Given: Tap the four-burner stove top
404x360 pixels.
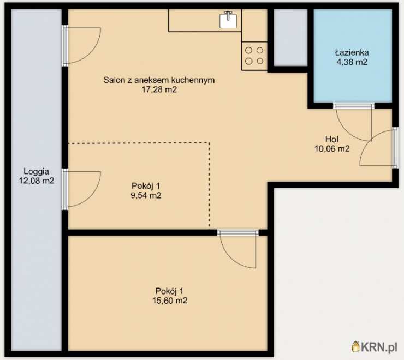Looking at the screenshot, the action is coord(254,56).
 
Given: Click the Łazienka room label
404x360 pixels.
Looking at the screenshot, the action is coord(352,52).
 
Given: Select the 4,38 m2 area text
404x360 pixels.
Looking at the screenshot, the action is coord(352,62).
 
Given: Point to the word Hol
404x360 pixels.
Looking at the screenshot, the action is coord(332,139).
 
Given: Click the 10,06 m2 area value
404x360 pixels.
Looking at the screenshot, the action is coord(332,148).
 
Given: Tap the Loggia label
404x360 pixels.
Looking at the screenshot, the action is coord(37,171).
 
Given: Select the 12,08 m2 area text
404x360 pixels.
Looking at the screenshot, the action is coord(37,181).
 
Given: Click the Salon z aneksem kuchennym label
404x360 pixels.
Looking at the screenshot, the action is coord(159,80).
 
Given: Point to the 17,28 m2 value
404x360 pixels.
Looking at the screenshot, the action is coord(159,89).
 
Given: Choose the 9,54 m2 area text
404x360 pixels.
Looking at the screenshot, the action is coord(146,195).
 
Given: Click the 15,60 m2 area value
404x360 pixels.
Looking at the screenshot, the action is coord(170,301).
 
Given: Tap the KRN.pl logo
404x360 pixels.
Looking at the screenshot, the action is coord(375,347).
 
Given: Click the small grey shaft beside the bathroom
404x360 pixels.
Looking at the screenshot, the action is coord(290,38).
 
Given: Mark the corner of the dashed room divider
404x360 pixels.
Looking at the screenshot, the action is coord(209,143).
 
